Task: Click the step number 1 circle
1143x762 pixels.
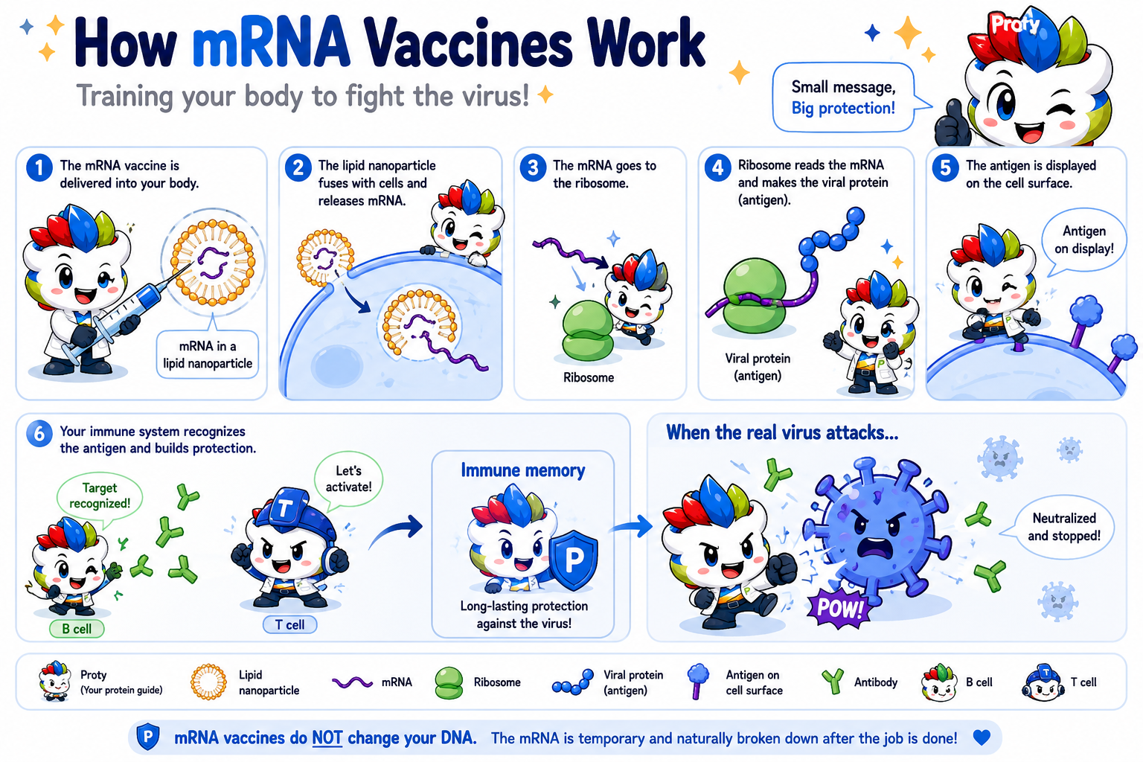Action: coord(39,167)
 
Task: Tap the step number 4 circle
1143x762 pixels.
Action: coord(717,167)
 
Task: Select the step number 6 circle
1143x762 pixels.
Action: coord(39,434)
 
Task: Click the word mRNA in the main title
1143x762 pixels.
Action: coord(271,43)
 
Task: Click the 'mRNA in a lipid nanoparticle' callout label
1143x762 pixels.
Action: coord(207,355)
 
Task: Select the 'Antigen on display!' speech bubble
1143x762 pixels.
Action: coord(1083,240)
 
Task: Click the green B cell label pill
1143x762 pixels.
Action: coord(77,629)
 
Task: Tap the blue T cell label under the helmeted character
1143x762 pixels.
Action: coord(289,625)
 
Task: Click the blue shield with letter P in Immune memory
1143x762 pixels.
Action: coord(574,560)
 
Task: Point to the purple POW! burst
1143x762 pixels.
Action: coord(839,607)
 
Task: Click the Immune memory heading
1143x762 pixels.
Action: coord(523,470)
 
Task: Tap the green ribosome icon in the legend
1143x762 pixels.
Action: coord(449,683)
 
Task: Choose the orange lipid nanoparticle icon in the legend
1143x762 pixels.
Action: coord(208,682)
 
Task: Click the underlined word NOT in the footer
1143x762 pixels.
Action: coord(327,738)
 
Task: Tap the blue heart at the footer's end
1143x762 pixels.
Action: coord(982,737)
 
